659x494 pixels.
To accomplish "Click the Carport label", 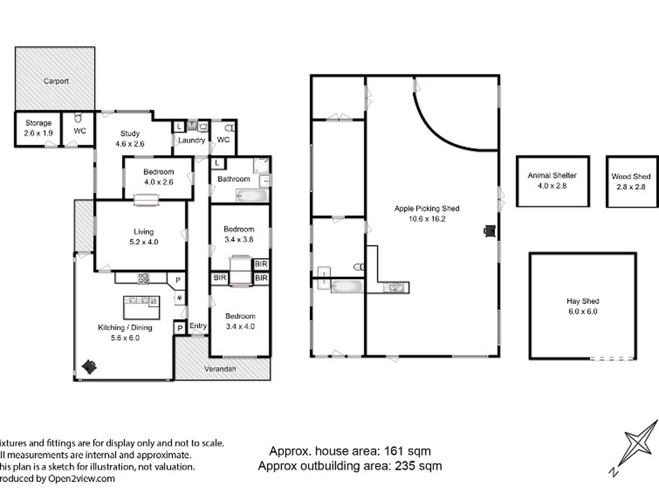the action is click(56, 81).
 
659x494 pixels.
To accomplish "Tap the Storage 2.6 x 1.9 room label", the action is click(38, 128).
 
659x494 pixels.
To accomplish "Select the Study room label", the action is click(130, 133).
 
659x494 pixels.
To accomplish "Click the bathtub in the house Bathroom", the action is click(251, 196).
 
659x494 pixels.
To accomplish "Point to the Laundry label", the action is click(192, 140).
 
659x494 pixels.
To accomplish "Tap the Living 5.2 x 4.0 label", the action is click(144, 237).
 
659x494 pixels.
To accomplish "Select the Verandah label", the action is click(220, 369).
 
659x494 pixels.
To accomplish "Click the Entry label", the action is click(198, 326).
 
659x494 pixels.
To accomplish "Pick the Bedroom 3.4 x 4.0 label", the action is click(240, 321).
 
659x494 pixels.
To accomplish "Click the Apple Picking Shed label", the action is click(427, 209).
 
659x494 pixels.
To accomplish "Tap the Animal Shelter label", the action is click(552, 175).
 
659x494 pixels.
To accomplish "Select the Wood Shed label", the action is click(631, 176).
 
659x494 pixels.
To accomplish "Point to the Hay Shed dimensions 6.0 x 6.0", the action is click(583, 311).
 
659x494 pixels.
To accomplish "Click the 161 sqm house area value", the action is click(407, 451).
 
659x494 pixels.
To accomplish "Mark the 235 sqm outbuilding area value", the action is click(418, 466).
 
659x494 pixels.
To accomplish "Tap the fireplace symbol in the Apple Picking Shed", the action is click(490, 231).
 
